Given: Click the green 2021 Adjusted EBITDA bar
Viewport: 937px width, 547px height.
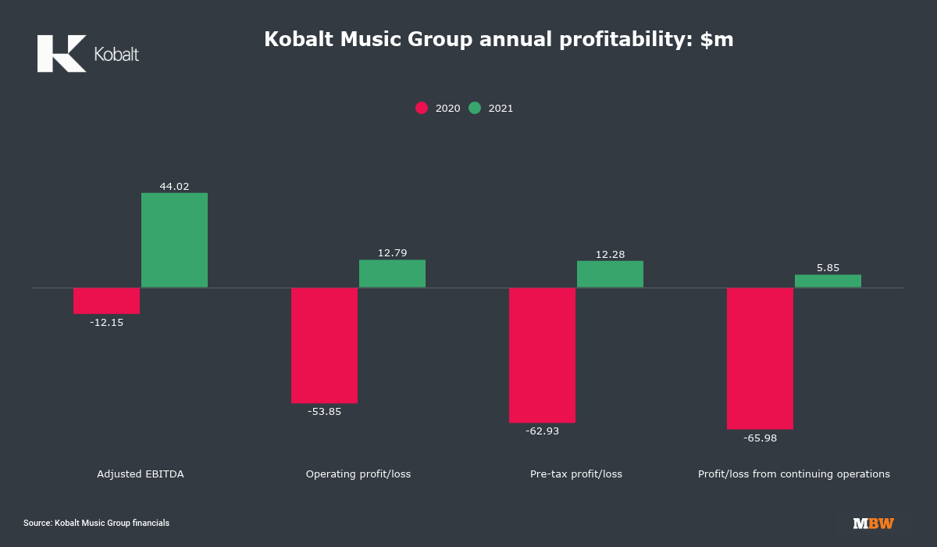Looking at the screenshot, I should point(174,240).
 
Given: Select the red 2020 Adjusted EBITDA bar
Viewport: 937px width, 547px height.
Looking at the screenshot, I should point(106,301).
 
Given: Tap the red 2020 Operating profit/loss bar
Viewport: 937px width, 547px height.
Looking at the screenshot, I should point(324,345).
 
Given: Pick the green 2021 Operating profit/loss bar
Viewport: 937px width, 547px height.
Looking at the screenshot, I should point(392,273).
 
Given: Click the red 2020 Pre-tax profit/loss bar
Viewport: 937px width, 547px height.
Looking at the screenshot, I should point(542,355).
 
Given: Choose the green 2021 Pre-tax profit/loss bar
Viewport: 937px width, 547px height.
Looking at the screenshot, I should point(610,274).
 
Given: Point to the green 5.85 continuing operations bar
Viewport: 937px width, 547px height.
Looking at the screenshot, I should point(828,281).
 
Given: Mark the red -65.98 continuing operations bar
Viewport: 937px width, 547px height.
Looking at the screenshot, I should point(760,358).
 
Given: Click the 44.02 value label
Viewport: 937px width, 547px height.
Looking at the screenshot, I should point(174,187).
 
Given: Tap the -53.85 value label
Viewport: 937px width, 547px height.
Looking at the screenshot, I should point(324,412).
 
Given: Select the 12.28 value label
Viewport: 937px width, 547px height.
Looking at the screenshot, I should point(610,254).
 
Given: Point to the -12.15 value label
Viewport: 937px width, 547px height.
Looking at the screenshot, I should point(106,322).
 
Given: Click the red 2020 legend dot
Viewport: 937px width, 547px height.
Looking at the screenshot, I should point(422,109).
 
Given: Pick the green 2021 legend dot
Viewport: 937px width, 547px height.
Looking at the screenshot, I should point(475,109).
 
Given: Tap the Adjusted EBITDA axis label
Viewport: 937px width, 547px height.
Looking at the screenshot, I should point(141,474).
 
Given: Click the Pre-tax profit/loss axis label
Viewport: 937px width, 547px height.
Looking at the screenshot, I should point(576,474).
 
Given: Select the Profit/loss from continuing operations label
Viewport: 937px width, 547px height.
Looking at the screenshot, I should point(793,474).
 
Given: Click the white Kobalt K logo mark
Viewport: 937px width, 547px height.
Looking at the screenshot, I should point(61,54).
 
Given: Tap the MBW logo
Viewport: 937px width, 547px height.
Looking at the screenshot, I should point(873,524).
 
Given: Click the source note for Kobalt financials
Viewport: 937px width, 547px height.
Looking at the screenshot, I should point(96,523).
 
